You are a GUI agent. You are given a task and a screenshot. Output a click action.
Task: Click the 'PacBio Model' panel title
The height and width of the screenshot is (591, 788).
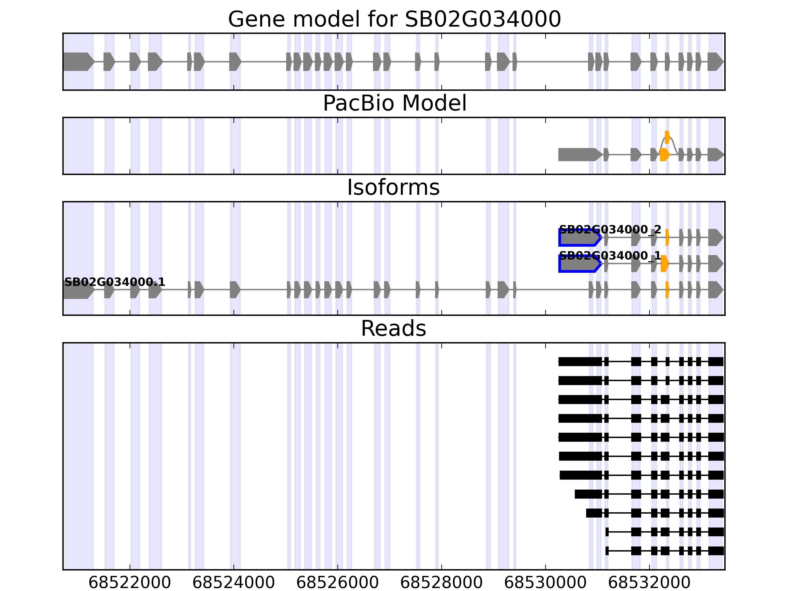pos(394,103)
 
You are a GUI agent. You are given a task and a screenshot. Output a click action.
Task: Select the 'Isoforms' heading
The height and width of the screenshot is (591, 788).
pos(393,187)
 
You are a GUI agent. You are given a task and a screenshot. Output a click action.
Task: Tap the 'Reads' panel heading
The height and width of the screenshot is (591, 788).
pos(393,328)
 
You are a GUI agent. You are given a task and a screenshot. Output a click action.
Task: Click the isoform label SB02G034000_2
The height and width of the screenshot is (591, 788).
pos(610,230)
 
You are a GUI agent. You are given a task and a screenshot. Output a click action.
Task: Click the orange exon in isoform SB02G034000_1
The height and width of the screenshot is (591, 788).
pos(664,264)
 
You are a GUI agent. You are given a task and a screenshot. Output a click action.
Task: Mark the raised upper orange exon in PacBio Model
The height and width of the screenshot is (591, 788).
pos(667,137)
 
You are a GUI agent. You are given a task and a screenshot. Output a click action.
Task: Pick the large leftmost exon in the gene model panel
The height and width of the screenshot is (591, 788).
pos(78,62)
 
